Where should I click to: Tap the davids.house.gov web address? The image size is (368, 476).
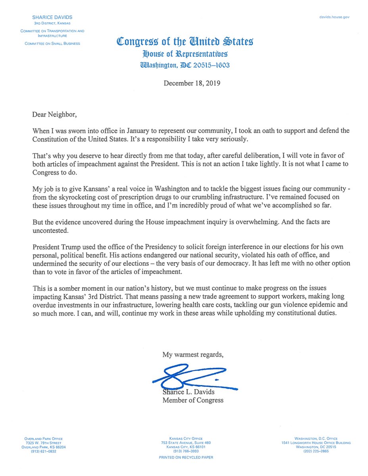334,17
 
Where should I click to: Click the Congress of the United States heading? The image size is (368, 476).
185,42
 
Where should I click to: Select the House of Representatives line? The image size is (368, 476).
185,54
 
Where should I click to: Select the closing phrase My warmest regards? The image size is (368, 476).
193,355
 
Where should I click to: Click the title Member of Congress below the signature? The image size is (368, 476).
193,400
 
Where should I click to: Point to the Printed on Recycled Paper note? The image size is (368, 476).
186,457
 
